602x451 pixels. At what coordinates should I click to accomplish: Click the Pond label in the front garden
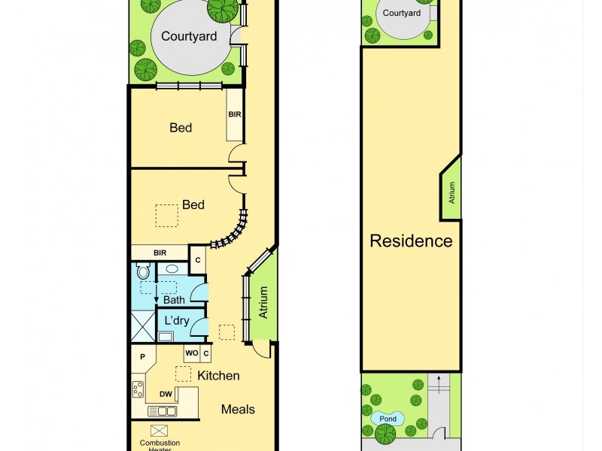point(388,419)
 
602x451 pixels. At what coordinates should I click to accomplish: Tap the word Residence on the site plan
point(411,241)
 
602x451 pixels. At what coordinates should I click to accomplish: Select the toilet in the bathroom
point(143,272)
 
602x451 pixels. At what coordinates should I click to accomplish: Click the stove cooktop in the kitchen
point(138,389)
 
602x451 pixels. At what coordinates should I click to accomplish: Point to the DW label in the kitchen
point(166,394)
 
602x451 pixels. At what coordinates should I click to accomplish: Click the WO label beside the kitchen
point(191,353)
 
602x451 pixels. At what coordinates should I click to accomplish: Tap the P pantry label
point(141,357)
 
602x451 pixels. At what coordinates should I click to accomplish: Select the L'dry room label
point(176,321)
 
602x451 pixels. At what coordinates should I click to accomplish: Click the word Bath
point(174,300)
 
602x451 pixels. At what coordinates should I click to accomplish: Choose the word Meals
point(238,410)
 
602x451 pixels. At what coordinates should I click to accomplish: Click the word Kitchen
point(218,376)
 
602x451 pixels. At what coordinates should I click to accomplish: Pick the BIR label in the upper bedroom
point(235,114)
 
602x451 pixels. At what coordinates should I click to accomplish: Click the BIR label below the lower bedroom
point(160,253)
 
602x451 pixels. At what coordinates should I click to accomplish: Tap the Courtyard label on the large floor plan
point(189,36)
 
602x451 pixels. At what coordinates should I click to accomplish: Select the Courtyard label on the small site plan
point(401,14)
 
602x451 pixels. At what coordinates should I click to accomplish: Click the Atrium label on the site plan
point(452,193)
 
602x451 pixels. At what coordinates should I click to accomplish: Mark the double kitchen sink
point(163,411)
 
